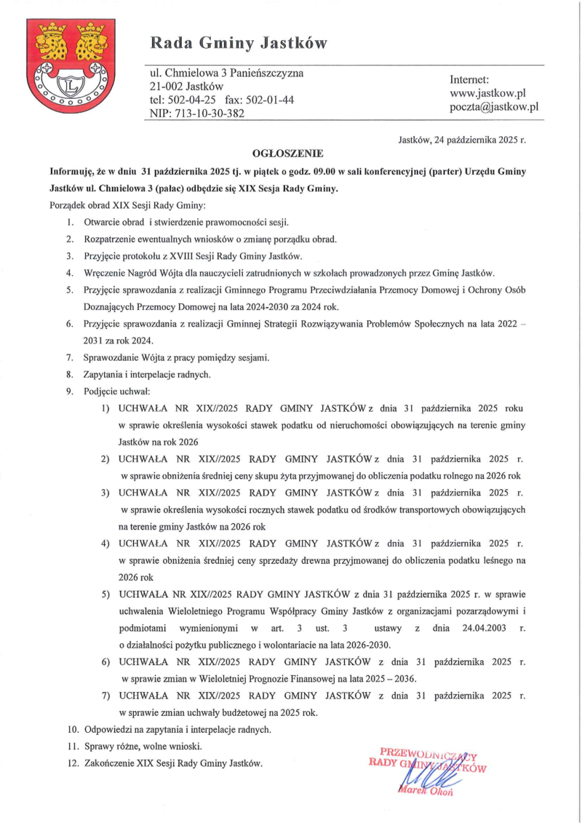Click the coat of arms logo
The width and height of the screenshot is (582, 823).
[x=71, y=65]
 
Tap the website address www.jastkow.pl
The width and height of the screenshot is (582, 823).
[x=487, y=93]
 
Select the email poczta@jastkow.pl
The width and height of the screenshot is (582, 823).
[x=493, y=107]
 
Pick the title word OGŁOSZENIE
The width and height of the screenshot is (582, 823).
[x=287, y=154]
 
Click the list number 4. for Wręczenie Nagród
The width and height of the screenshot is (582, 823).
[x=68, y=273]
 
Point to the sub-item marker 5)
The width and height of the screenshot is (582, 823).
[x=105, y=595]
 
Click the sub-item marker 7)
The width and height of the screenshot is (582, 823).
[x=105, y=696]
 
